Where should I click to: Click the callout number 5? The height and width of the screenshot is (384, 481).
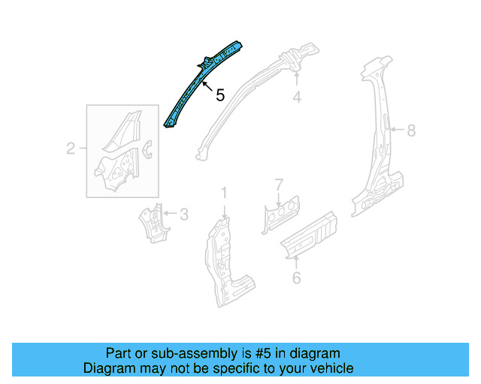pos(219,95)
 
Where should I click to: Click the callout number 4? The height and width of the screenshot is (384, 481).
pos(297,97)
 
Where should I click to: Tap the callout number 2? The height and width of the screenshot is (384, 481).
pos(71,149)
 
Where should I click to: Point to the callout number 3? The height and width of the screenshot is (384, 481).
pos(183,214)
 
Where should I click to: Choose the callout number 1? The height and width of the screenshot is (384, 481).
pos(223,194)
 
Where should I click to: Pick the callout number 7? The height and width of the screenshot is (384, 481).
pos(279,184)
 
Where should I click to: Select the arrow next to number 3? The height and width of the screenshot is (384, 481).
pos(168,214)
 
